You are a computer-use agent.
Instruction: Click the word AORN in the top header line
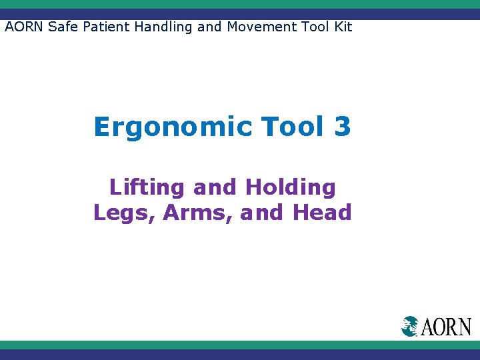pos(24,27)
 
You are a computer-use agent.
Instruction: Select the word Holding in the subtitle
pos(290,188)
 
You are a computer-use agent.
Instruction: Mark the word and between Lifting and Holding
pos(215,188)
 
